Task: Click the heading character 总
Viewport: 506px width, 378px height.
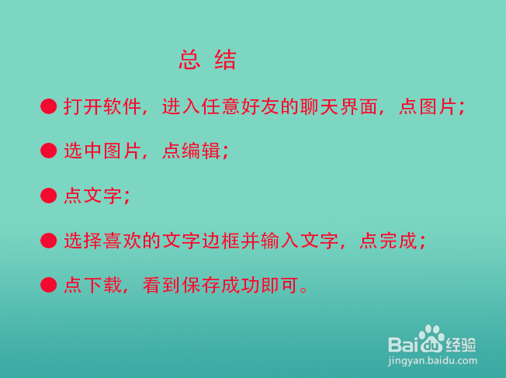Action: coord(189,60)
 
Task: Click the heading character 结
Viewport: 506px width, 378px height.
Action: coord(225,60)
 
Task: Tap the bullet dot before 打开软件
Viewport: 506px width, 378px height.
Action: coord(49,106)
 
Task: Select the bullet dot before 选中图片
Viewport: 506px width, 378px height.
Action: coord(49,151)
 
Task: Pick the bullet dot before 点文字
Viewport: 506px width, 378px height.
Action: coord(49,196)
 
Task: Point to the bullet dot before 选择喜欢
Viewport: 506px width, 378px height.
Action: coord(49,241)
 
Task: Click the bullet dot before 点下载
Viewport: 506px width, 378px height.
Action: coord(49,285)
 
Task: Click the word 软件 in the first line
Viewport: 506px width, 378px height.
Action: coord(123,106)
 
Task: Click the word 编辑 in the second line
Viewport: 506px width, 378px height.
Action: coord(201,151)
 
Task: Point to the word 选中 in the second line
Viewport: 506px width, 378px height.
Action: coord(83,151)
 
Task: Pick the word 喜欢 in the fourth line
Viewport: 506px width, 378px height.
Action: coord(123,241)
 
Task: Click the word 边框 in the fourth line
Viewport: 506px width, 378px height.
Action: coord(221,241)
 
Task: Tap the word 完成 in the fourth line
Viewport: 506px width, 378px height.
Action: coord(399,241)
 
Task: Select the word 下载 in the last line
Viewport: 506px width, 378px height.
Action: coord(102,285)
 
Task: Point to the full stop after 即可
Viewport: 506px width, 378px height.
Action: coord(303,290)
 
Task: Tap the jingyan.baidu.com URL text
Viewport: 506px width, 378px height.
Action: coord(432,361)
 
